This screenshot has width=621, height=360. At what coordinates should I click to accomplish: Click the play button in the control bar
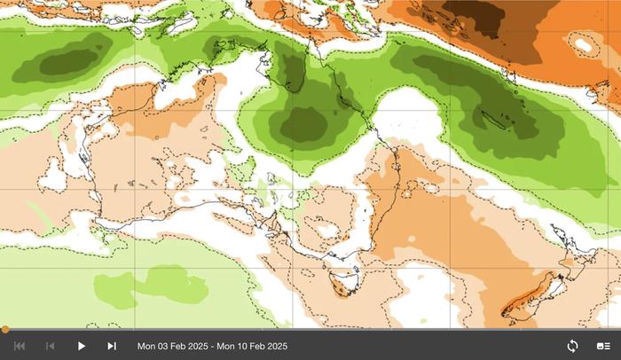point(81,346)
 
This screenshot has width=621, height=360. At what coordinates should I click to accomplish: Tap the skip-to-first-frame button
point(20,346)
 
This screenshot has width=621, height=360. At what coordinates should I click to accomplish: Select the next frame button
point(112,346)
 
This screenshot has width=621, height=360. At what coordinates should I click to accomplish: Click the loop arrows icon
point(572,346)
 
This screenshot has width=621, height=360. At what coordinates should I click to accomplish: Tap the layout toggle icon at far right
point(603,346)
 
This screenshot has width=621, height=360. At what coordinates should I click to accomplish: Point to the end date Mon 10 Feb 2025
point(253,346)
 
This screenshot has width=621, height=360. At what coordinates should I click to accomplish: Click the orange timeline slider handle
point(4,330)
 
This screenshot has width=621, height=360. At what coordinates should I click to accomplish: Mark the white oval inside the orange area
point(582,42)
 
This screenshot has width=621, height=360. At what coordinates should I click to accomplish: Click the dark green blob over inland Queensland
point(304,124)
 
